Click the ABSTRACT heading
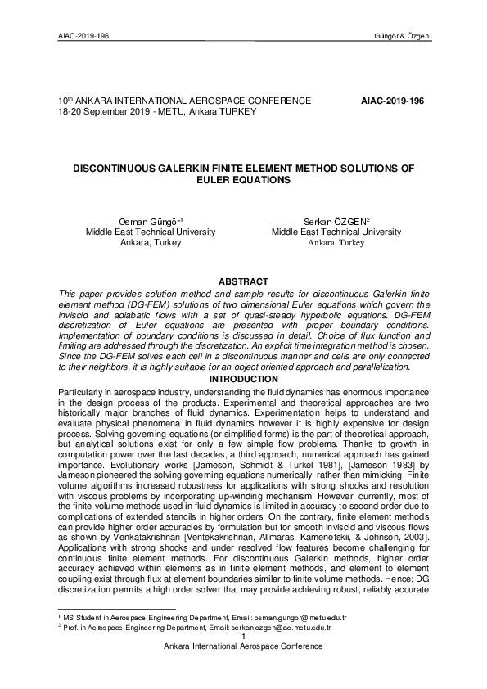tap(243, 281)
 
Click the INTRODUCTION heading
tap(243, 379)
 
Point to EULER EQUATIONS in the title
tap(243, 178)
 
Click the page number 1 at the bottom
tap(243, 636)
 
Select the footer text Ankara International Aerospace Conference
tap(243, 646)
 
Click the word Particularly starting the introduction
tap(83, 394)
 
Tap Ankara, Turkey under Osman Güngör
tap(150, 243)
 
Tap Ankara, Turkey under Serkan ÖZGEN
tap(336, 243)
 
